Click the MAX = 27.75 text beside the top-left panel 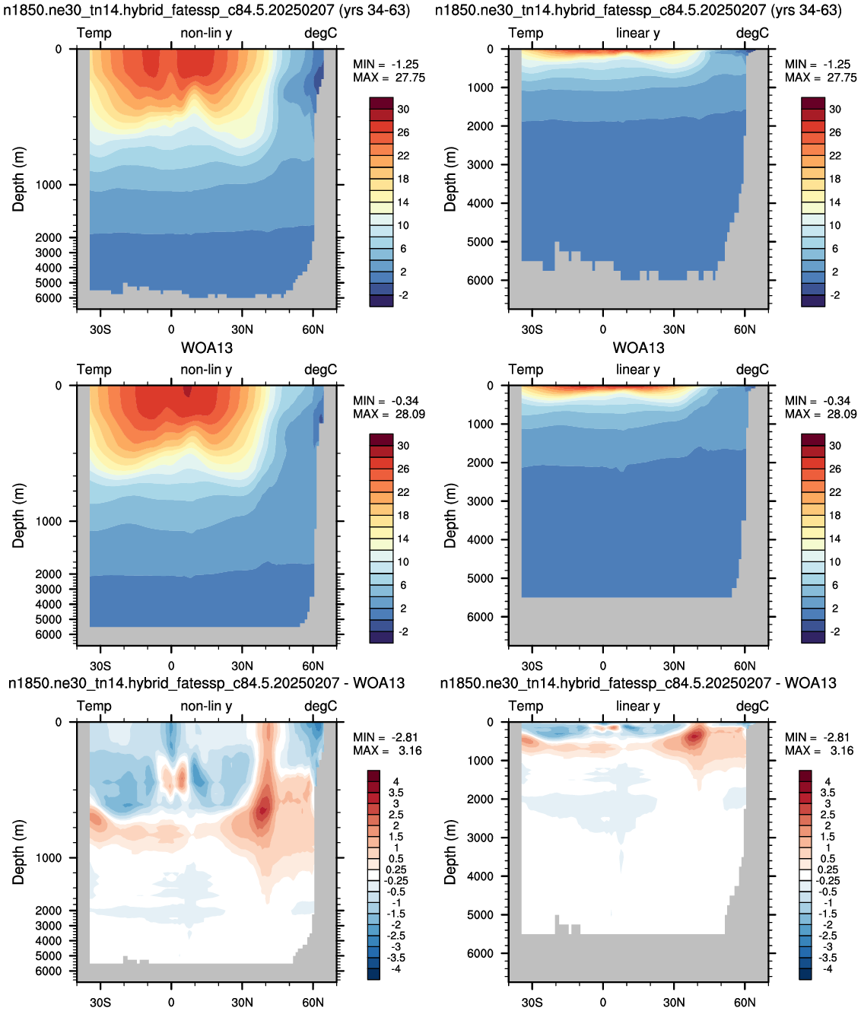389,78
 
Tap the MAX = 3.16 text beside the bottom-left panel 387,751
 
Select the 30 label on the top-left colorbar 403,109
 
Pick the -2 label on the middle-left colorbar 403,632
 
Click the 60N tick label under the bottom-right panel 745,1003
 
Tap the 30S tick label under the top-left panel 100,329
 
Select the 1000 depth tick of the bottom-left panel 49,858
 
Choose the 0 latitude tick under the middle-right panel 603,666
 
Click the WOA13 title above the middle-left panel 207,348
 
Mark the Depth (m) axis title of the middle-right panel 450,516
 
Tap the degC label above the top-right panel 752,33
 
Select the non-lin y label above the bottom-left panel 206,706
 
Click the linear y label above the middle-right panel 638,369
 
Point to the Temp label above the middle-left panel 94,369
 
